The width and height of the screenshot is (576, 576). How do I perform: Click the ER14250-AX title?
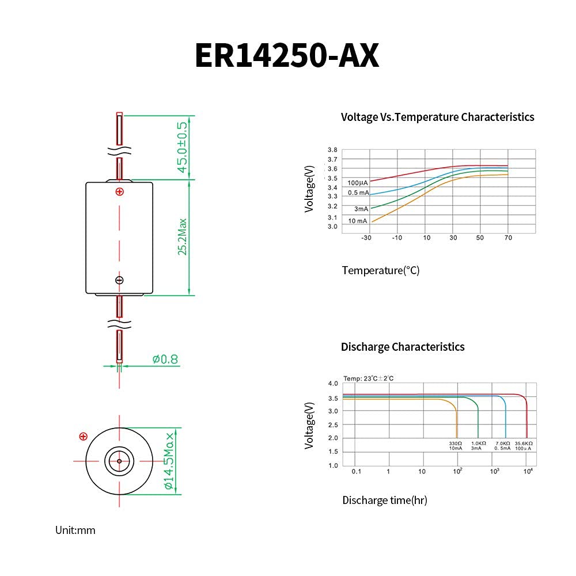tap(287, 55)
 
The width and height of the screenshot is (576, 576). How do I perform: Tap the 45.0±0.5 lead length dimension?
tap(182, 147)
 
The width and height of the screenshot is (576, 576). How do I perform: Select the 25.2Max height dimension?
tap(182, 237)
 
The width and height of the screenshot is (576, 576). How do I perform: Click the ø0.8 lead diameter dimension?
tap(165, 359)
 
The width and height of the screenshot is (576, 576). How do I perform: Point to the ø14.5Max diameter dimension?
tap(169, 461)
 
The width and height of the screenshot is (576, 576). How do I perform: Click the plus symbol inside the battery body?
tap(119, 191)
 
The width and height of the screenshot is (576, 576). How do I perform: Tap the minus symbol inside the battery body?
tap(119, 281)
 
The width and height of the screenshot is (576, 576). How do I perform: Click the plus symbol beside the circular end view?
tap(84, 437)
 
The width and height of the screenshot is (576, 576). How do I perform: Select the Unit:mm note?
tap(75, 530)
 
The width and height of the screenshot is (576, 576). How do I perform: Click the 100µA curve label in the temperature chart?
tap(358, 183)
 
